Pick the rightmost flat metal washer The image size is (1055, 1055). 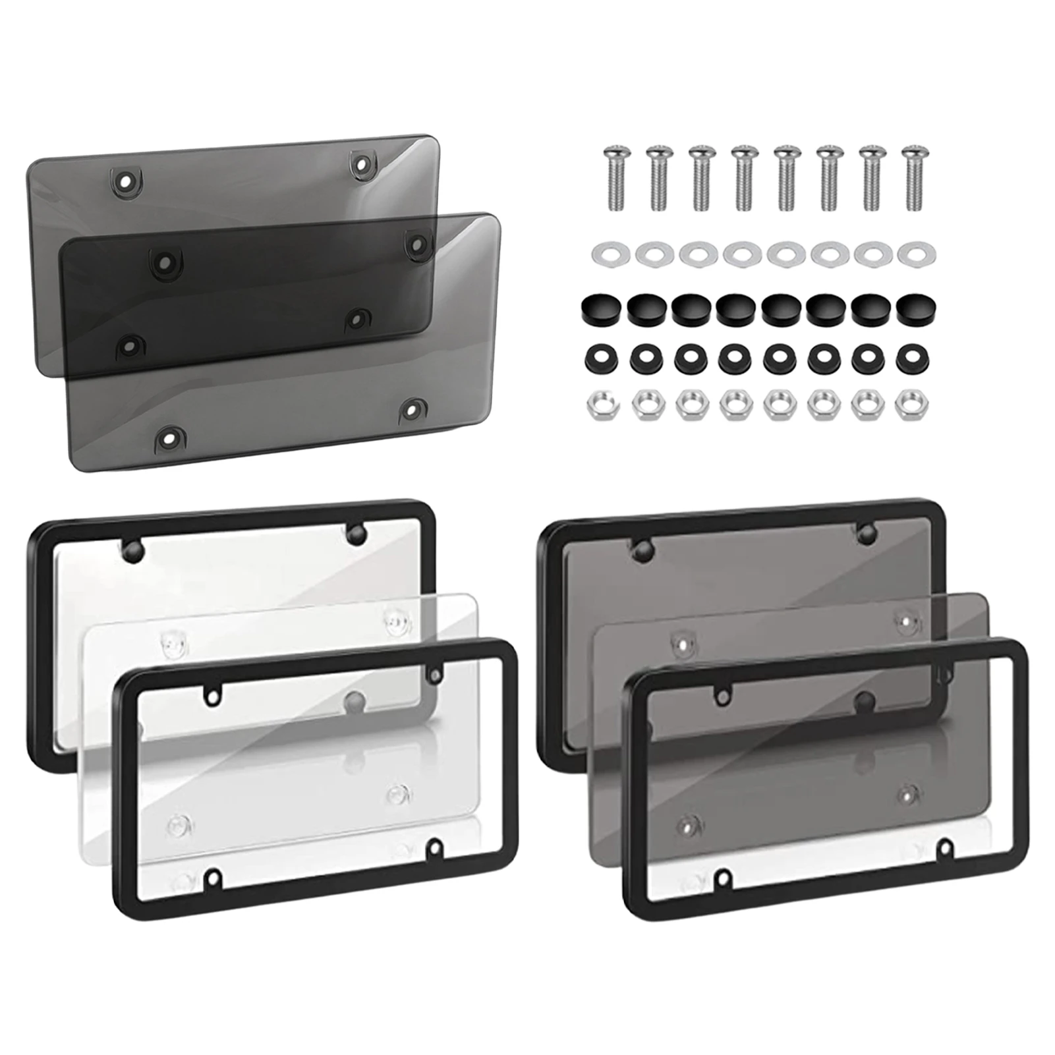pos(911,252)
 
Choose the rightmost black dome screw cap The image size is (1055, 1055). pos(911,306)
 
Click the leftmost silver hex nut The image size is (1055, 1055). pos(599,405)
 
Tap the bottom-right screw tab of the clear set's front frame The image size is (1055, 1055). pos(436,846)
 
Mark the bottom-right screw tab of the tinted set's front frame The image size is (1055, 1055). pos(944,846)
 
